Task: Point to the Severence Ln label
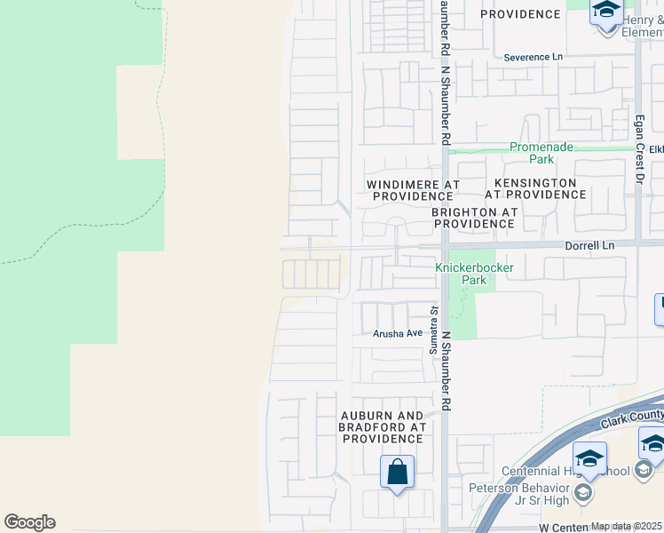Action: pyautogui.click(x=534, y=57)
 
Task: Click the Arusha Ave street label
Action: pyautogui.click(x=399, y=333)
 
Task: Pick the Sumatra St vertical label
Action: pyautogui.click(x=434, y=330)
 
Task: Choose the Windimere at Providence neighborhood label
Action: pyautogui.click(x=413, y=189)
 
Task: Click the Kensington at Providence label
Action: pyautogui.click(x=531, y=187)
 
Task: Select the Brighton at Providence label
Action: pyautogui.click(x=473, y=218)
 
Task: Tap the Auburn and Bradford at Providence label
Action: pyautogui.click(x=383, y=426)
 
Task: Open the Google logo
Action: pyautogui.click(x=29, y=522)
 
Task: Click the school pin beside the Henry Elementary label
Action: pyautogui.click(x=607, y=12)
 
